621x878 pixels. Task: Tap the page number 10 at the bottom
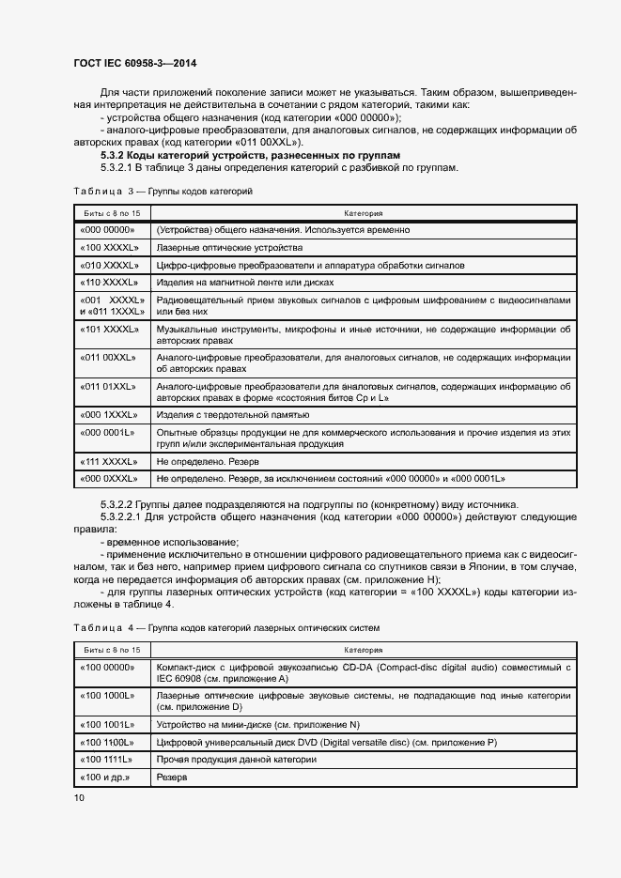point(79,797)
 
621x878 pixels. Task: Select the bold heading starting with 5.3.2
point(250,154)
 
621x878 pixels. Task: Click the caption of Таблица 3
point(162,192)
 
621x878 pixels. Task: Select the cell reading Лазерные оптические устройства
point(229,248)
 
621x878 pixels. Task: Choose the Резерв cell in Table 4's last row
point(172,778)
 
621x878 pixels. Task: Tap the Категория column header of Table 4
point(363,649)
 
